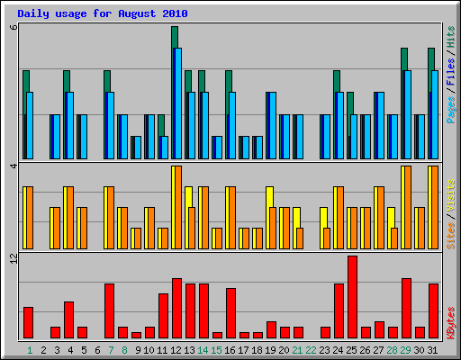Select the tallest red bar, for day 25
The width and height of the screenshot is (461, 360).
[x=352, y=297]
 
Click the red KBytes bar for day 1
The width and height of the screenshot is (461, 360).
[x=28, y=322]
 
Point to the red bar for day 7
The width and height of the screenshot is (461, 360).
[x=109, y=310]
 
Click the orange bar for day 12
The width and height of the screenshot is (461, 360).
[x=177, y=207]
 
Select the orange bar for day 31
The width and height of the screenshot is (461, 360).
[x=434, y=207]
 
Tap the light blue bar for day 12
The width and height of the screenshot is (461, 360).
[x=178, y=103]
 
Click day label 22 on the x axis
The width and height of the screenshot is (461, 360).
[x=312, y=349]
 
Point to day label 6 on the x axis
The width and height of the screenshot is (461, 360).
[x=96, y=349]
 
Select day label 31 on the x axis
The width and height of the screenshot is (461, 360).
[x=433, y=349]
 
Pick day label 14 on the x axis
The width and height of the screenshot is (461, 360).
[x=203, y=349]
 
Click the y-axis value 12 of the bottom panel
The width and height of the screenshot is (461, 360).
[x=13, y=260]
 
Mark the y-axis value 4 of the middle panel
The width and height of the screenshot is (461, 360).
[x=13, y=167]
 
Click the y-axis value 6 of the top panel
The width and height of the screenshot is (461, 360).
[x=13, y=27]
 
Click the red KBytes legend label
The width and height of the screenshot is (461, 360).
[x=450, y=322]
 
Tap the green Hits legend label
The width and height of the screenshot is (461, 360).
[x=450, y=37]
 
